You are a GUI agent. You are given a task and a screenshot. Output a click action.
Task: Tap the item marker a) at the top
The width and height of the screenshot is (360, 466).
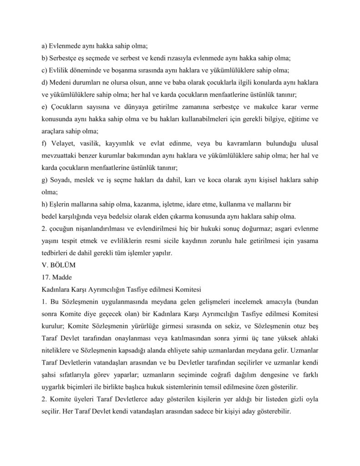tap(44, 46)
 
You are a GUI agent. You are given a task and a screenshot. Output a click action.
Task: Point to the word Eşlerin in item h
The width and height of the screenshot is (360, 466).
tap(60, 204)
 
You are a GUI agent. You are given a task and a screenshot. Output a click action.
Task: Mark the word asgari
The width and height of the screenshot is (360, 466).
tap(275, 228)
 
